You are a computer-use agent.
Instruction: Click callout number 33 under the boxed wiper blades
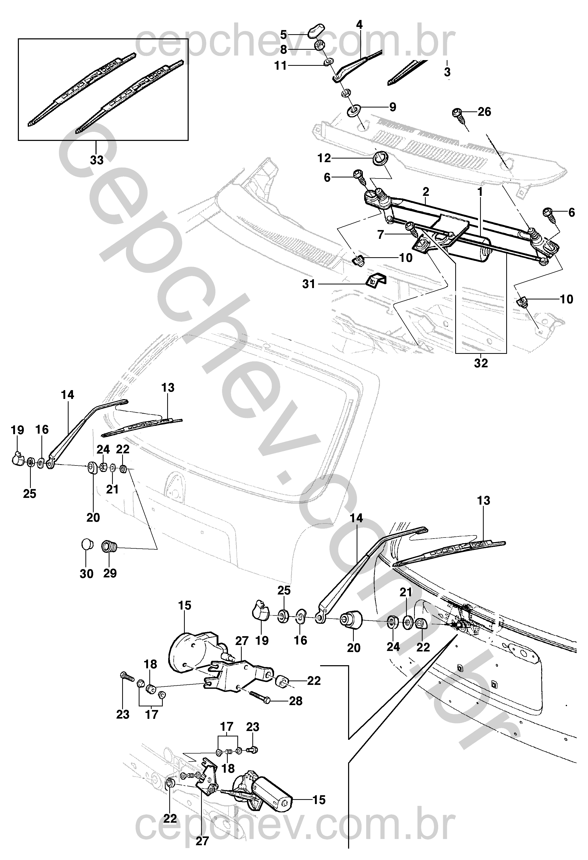coord(97,160)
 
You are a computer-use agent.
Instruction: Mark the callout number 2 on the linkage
coord(426,192)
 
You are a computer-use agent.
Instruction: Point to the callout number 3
coord(447,71)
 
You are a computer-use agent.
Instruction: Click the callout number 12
coord(324,158)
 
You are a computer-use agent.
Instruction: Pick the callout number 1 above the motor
coord(480,192)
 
